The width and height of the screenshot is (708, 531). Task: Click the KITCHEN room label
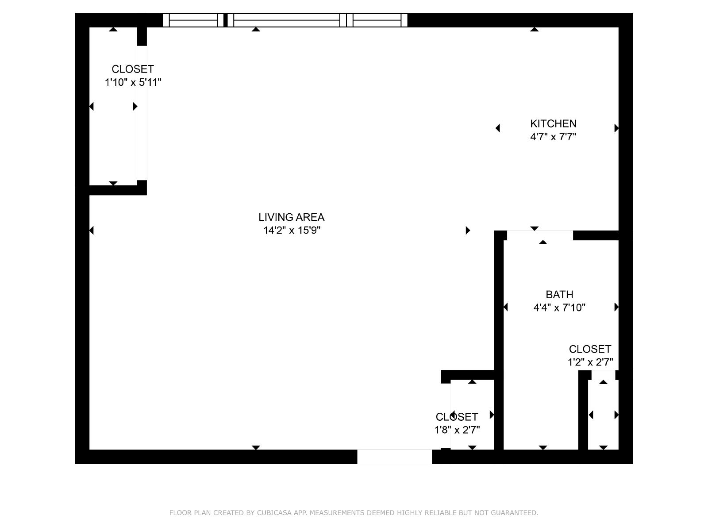tap(553, 123)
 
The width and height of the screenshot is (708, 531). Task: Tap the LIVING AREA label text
tap(291, 217)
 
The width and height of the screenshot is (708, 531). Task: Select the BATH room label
tap(559, 294)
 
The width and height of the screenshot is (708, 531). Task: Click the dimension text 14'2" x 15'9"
tap(292, 230)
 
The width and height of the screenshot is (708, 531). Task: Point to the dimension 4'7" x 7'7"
tap(553, 137)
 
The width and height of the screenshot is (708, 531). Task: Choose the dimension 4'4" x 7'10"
tap(559, 308)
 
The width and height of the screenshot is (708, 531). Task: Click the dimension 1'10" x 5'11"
tap(133, 82)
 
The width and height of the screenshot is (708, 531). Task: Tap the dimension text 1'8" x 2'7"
tap(457, 430)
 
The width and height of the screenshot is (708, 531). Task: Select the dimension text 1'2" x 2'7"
tap(590, 362)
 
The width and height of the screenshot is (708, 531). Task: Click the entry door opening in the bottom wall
tap(394, 457)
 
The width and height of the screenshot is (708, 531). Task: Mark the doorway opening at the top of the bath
tap(540, 235)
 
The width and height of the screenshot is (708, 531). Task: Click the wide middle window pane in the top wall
tap(287, 20)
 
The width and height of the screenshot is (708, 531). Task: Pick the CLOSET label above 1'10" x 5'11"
tap(133, 69)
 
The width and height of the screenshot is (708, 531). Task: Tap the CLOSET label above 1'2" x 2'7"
tap(590, 349)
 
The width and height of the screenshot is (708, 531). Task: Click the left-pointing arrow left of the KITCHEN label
tap(498, 128)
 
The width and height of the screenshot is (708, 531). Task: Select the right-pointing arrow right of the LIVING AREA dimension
tap(468, 230)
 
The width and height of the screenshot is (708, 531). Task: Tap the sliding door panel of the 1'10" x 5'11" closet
tap(142, 113)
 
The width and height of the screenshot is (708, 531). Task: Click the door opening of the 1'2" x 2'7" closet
tap(603, 375)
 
